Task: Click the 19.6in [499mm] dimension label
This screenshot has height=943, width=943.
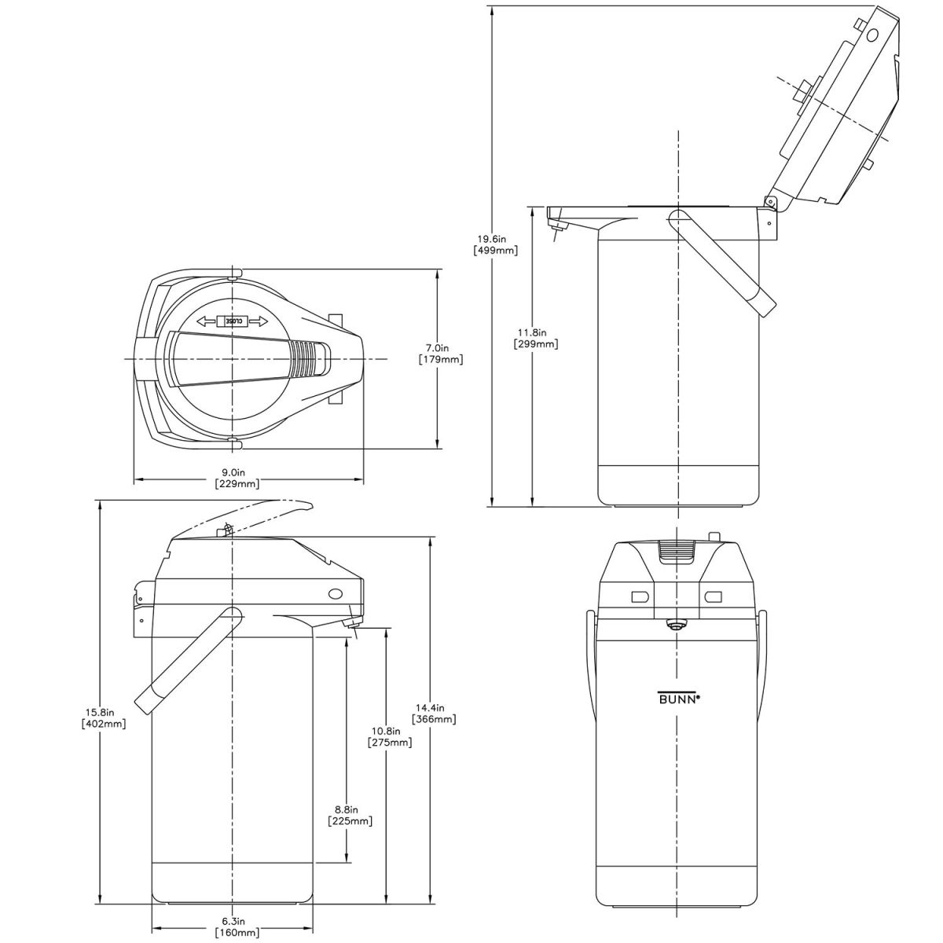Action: click(495, 244)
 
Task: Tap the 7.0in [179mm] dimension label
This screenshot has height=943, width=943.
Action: click(441, 354)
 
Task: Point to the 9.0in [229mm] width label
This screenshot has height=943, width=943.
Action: click(237, 479)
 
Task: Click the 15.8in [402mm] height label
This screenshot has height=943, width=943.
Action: click(104, 718)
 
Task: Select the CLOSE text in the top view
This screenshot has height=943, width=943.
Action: click(234, 321)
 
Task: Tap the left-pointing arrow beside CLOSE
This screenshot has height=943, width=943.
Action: click(207, 321)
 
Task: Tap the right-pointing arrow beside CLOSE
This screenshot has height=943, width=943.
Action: click(259, 321)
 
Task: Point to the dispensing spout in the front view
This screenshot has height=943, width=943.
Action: click(675, 625)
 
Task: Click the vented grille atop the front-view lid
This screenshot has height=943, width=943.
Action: click(677, 552)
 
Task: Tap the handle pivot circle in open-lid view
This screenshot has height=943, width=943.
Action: click(677, 218)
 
